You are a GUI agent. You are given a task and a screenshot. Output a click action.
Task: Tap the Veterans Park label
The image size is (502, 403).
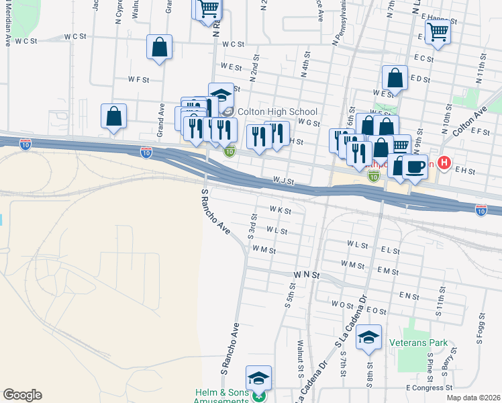pyautogui.click(x=418, y=343)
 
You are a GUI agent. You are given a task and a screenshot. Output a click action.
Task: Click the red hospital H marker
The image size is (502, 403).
pyautogui.click(x=444, y=163)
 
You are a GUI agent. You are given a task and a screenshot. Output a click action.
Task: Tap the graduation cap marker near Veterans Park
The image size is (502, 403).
pyautogui.click(x=368, y=338)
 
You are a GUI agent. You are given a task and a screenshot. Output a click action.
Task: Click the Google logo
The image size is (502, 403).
pyautogui.click(x=22, y=395)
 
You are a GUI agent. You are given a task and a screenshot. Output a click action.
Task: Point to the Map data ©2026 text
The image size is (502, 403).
pyautogui.click(x=474, y=398)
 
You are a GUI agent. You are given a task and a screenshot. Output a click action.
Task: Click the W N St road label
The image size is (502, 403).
pyautogui.click(x=307, y=275)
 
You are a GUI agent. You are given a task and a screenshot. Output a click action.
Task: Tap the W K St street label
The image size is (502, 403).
pyautogui.click(x=281, y=211)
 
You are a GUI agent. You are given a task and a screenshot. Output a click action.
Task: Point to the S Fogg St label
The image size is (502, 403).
pyautogui.click(x=481, y=328)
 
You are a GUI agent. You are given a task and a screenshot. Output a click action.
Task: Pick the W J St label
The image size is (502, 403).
pyautogui.click(x=284, y=181)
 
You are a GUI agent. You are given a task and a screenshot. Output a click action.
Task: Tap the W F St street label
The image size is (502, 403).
pyautogui.click(x=138, y=79)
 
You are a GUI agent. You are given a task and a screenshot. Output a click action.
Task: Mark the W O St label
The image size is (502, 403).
pyautogui.click(x=342, y=304)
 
